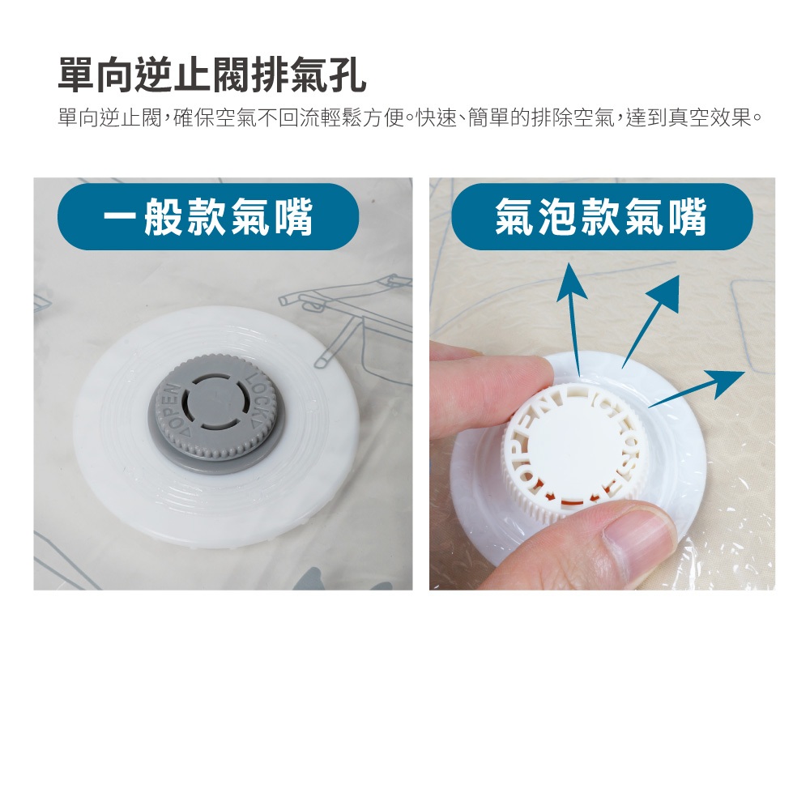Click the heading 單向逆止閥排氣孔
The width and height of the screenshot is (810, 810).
point(211,75)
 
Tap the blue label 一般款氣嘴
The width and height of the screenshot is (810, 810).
point(208,216)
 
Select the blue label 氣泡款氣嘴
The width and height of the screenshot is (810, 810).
point(602,216)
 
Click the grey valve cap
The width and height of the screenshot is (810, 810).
point(217,413)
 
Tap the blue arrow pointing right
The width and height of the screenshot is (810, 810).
point(697,389)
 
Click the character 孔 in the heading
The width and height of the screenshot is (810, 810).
point(347,75)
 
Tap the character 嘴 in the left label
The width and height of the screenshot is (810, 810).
point(294,217)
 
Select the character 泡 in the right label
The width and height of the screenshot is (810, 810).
point(558,217)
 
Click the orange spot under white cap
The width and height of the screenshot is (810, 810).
point(554,498)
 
